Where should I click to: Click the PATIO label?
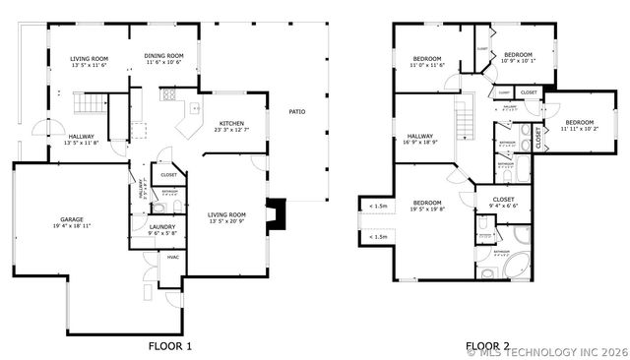click(296, 111)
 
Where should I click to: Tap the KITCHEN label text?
click(232, 125)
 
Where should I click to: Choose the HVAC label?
click(172, 258)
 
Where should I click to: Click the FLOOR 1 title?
click(170, 345)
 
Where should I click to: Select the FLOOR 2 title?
click(488, 345)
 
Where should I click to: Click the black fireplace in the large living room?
click(281, 212)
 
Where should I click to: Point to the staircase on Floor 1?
click(90, 103)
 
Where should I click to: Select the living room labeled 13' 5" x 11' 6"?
click(89, 62)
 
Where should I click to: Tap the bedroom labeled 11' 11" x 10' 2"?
click(580, 124)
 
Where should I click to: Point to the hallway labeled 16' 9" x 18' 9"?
click(420, 139)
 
